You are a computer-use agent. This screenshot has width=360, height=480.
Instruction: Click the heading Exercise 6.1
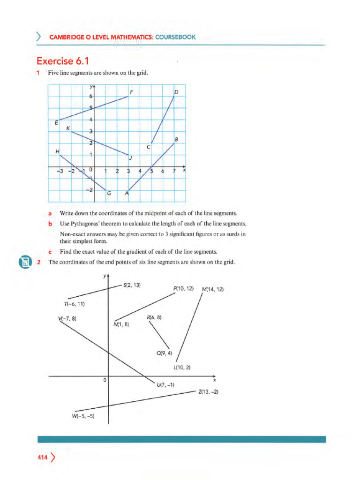pos(62,61)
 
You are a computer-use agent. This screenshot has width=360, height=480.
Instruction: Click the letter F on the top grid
pos(132,92)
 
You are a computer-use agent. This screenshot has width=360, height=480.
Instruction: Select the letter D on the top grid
pos(176,92)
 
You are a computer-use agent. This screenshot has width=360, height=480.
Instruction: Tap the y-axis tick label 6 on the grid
pos(91,96)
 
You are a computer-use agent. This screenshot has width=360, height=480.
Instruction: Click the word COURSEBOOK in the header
pos(176,37)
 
